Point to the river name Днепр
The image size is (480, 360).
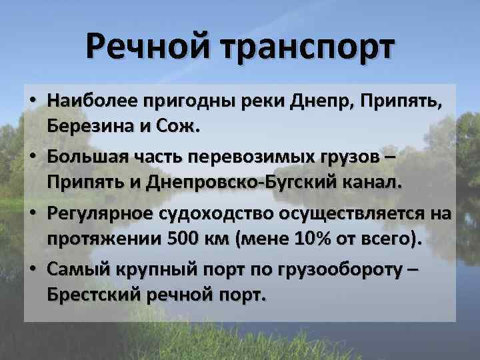pos(322,101)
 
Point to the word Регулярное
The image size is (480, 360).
pos(100,215)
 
